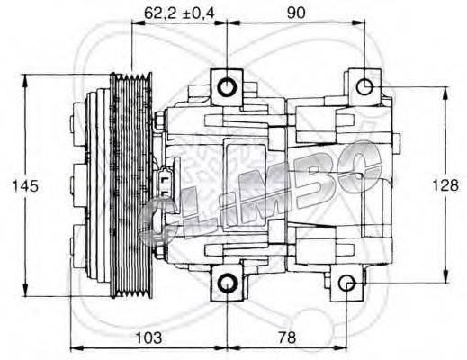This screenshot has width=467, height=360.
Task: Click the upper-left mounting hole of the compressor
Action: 226,86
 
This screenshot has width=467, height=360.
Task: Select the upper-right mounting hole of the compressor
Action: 365,86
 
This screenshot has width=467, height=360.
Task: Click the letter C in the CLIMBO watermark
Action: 163,220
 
